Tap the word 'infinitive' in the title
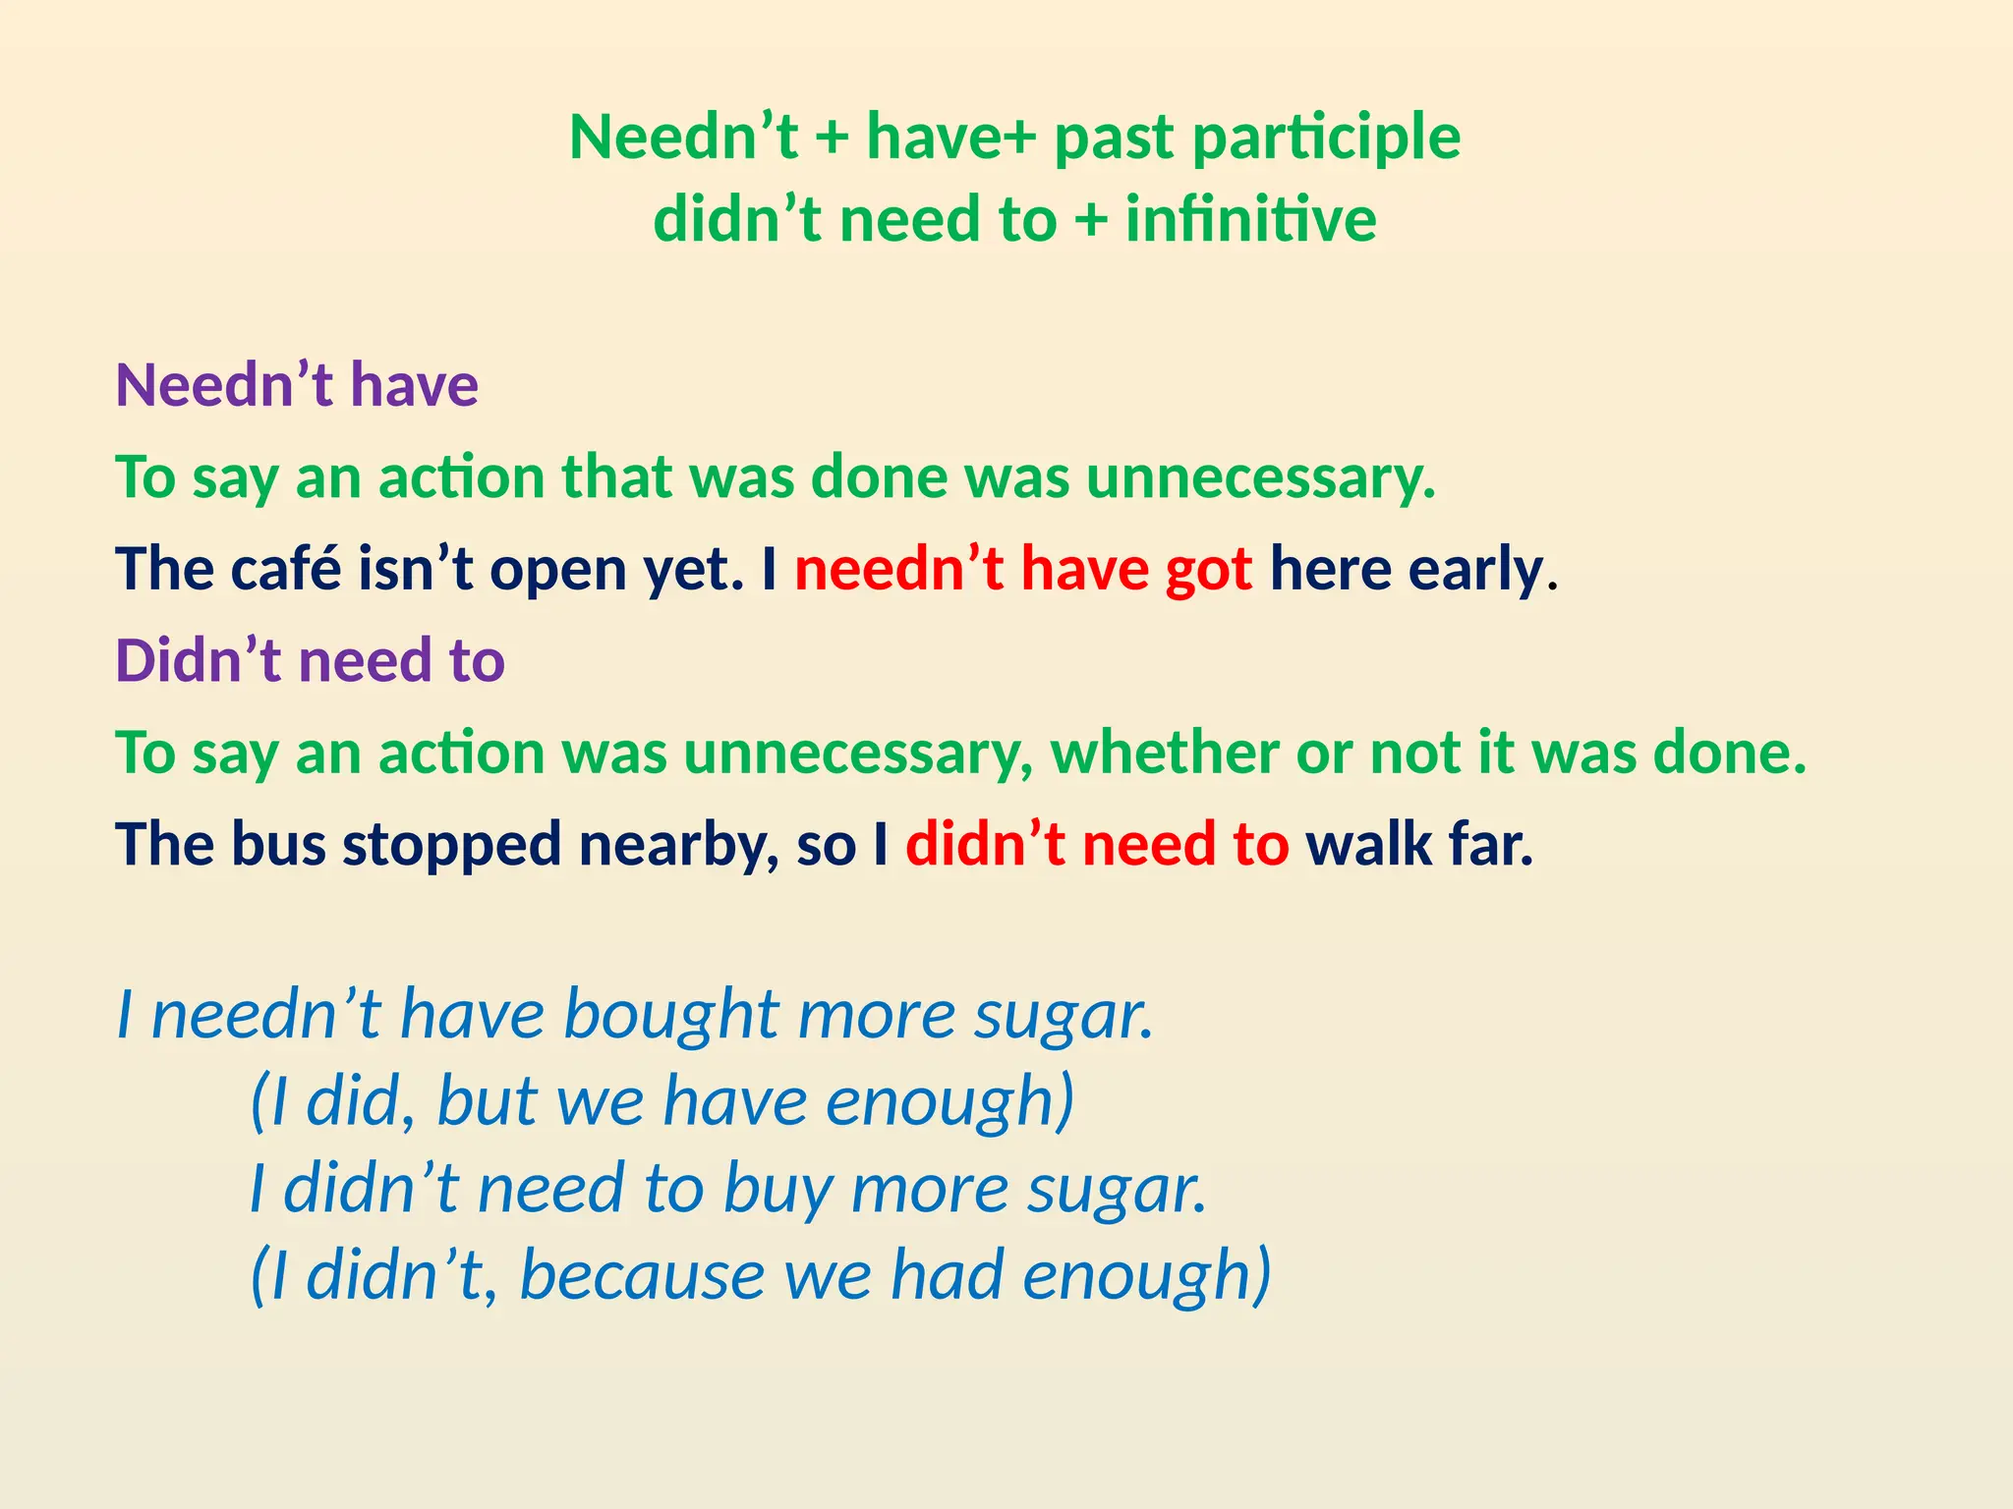point(1250,219)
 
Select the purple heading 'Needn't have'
point(297,384)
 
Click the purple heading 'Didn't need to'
point(310,660)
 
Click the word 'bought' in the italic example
point(671,1015)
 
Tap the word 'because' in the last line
point(642,1275)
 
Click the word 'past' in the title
point(1114,138)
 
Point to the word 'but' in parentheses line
point(487,1100)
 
